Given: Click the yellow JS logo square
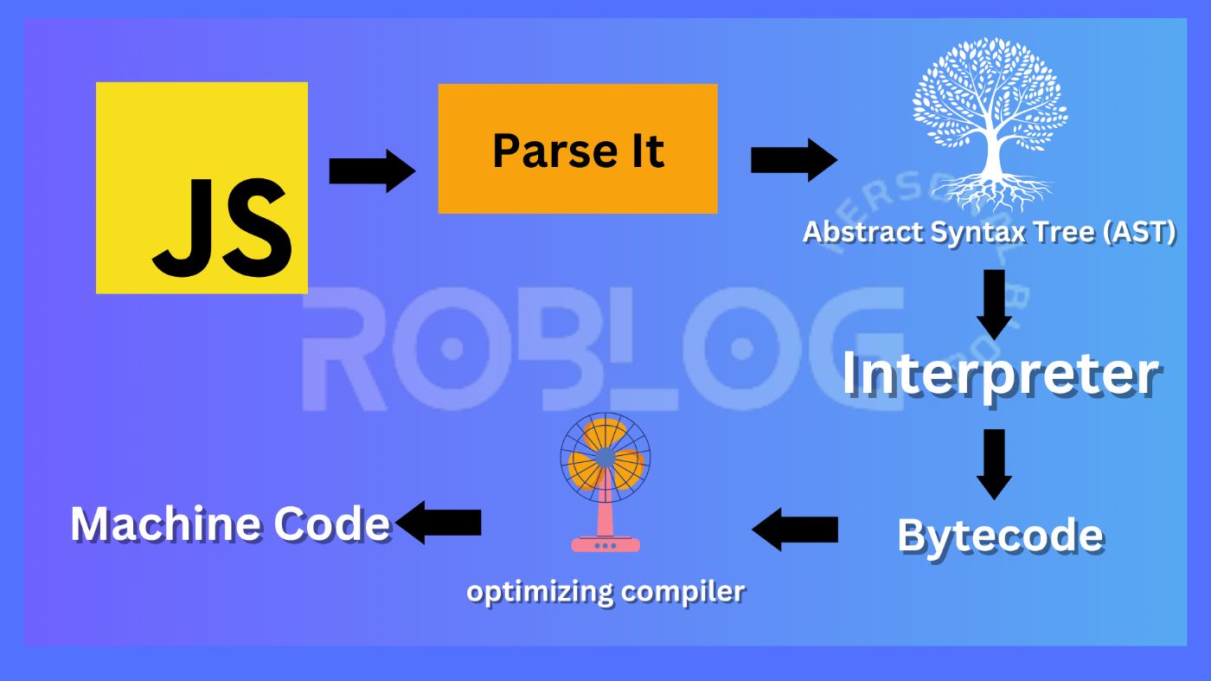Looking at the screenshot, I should coord(202,188).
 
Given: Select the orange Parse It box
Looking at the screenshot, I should coord(578,149).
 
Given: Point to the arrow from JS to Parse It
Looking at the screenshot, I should coord(372,170).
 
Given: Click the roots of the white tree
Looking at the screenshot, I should coord(991,192).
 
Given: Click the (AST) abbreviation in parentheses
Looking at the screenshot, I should coord(1139,232).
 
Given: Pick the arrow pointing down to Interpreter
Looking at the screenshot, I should coord(995,304).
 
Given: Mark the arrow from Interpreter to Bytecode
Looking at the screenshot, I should coord(995,464).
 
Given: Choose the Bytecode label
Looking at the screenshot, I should coord(1000,535).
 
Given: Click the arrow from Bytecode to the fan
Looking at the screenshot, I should coord(794,529).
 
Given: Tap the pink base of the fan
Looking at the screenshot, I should coord(605,543).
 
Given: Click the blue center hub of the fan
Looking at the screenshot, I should coord(605,455).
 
